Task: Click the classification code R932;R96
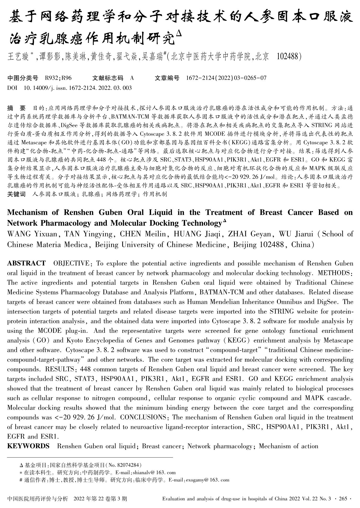[58, 78]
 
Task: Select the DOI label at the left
[12, 88]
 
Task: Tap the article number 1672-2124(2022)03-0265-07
[226, 78]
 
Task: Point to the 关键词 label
[16, 194]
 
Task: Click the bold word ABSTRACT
[26, 263]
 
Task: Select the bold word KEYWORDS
[28, 446]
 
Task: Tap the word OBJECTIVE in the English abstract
[71, 263]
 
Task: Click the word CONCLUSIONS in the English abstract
[143, 417]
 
